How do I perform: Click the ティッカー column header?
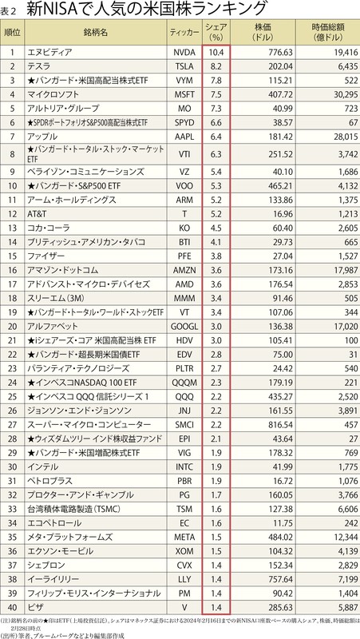(184, 33)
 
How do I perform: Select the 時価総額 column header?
(328, 33)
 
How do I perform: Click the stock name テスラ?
(40, 66)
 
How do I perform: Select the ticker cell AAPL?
(184, 137)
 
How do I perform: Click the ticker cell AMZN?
(184, 270)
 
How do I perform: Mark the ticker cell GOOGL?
(184, 326)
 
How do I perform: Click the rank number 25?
(14, 395)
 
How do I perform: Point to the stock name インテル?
(43, 466)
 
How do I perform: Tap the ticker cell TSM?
(184, 507)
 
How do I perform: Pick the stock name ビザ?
(37, 605)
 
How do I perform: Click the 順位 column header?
(14, 33)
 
